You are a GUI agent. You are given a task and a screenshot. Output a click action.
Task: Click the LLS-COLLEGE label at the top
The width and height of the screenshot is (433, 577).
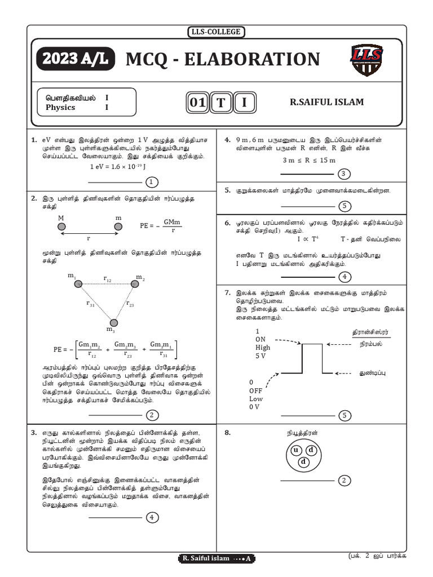(x=216, y=32)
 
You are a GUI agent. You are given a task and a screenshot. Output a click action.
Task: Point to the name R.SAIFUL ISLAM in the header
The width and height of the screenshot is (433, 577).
(x=326, y=102)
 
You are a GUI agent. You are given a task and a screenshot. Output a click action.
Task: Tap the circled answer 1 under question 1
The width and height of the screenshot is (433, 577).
(x=151, y=182)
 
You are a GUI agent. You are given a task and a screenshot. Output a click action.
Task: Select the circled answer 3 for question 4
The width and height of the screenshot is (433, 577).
(x=342, y=174)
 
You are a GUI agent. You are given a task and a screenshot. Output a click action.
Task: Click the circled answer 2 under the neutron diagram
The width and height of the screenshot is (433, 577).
(x=342, y=480)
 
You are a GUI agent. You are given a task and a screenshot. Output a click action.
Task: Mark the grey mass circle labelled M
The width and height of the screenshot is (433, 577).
(x=60, y=227)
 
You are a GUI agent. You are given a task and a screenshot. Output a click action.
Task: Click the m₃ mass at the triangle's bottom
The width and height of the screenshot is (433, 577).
(x=113, y=323)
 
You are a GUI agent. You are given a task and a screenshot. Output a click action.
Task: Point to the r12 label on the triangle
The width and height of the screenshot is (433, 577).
(x=107, y=279)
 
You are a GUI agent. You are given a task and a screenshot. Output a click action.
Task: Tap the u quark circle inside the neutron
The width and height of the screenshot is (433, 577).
(x=295, y=451)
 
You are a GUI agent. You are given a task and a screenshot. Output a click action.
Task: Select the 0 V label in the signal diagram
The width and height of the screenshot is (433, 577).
(x=254, y=407)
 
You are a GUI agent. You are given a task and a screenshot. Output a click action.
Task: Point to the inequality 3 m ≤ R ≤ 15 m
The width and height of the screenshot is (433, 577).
(x=309, y=161)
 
